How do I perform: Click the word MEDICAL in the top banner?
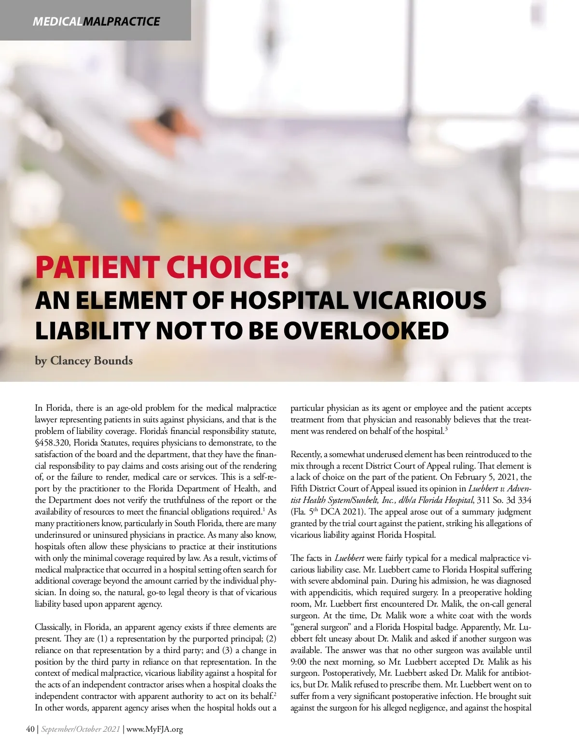click(x=57, y=22)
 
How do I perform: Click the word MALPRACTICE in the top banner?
click(x=121, y=22)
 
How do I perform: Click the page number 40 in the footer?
click(x=30, y=729)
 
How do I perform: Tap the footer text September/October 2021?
click(x=80, y=729)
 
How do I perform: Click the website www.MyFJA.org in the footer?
click(x=154, y=729)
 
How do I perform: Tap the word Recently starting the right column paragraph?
click(x=306, y=454)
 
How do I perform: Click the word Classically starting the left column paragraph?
click(x=53, y=627)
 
